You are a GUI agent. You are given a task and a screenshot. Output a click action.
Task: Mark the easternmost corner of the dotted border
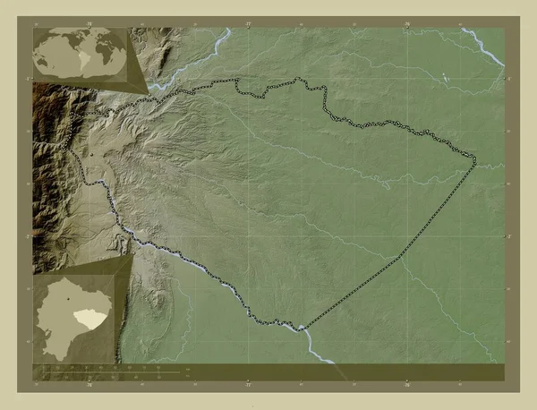(475, 160)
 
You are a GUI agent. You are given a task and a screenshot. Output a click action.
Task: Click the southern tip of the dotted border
(303, 328)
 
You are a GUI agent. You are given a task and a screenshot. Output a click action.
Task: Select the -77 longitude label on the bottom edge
(248, 386)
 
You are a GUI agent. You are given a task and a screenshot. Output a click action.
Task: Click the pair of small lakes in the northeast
(445, 77)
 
